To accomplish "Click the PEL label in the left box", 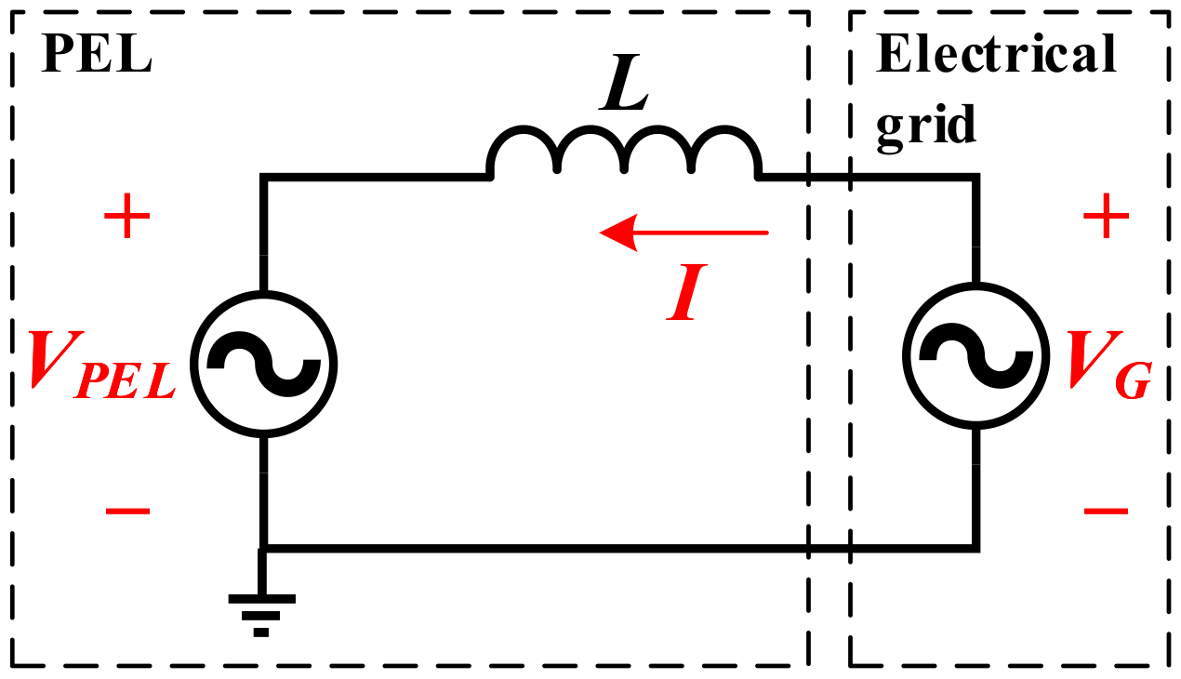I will pyautogui.click(x=96, y=58).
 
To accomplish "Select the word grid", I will pyautogui.click(x=926, y=124).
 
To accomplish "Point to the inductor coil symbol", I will pyautogui.click(x=624, y=153).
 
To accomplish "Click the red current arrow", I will pyautogui.click(x=684, y=232).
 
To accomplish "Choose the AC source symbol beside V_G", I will pyautogui.click(x=975, y=359).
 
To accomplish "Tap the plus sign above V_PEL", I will pyautogui.click(x=126, y=220).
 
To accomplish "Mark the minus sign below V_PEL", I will pyautogui.click(x=126, y=511).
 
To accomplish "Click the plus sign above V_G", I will pyautogui.click(x=1106, y=220).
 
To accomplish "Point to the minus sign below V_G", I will pyautogui.click(x=1106, y=511).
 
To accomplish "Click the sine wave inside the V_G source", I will pyautogui.click(x=975, y=359).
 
